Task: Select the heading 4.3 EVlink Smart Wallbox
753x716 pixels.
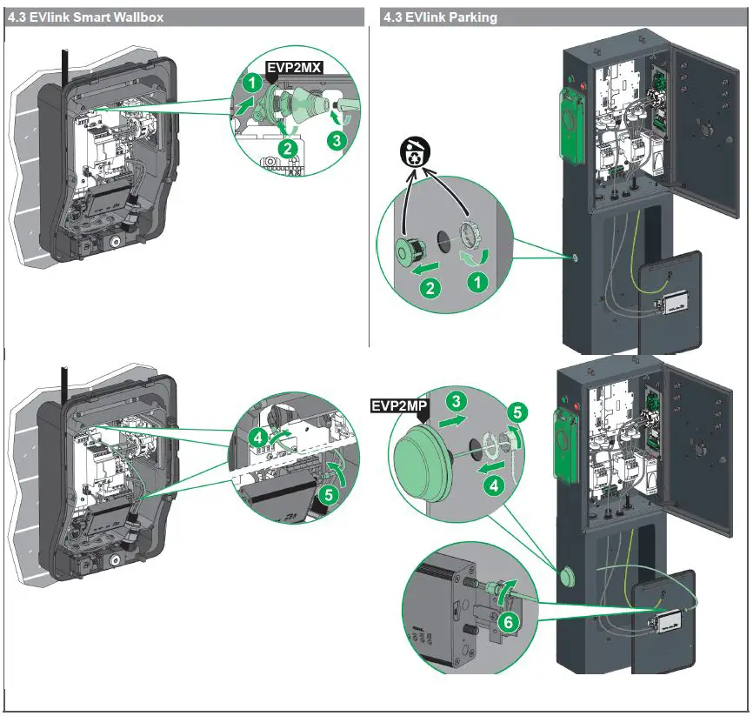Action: tap(85, 17)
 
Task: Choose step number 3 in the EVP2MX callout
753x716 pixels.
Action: tap(336, 137)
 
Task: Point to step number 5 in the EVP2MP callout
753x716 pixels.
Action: tap(516, 412)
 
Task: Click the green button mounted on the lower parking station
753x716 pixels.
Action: tap(569, 576)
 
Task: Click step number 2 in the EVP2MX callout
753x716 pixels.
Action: tap(288, 149)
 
